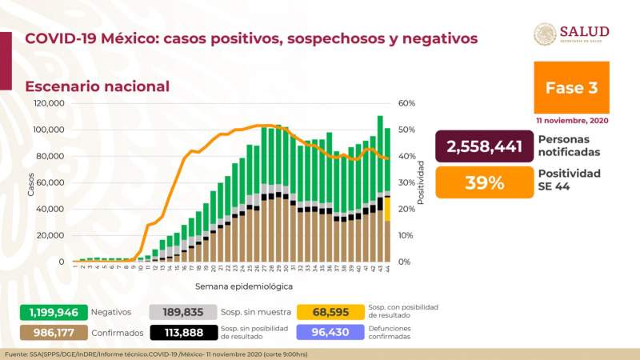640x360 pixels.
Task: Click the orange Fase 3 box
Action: click(571, 87)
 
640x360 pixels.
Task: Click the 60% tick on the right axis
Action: click(406, 103)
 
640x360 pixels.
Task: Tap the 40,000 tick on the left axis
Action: click(50, 209)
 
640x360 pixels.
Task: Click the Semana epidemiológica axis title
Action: click(243, 286)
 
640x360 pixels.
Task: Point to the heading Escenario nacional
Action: click(97, 86)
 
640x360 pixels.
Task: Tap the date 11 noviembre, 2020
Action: click(571, 119)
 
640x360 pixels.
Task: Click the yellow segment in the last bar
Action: click(387, 209)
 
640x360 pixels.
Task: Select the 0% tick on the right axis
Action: click(404, 262)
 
